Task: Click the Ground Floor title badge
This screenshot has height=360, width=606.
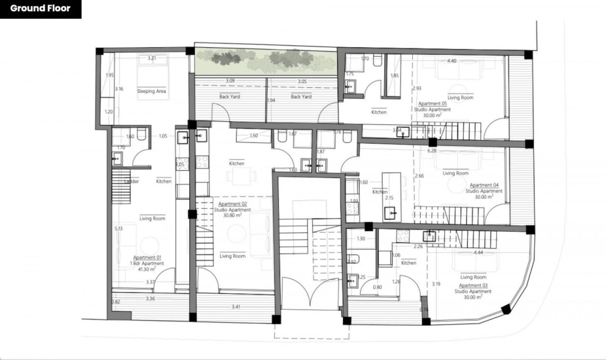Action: (40, 9)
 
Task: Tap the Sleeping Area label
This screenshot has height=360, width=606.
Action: (151, 91)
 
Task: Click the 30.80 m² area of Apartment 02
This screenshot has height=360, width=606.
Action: (232, 215)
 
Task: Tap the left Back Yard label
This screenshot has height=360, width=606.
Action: (230, 97)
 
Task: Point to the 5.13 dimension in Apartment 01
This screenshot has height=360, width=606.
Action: (118, 228)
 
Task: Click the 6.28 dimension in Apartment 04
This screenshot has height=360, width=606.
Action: (431, 151)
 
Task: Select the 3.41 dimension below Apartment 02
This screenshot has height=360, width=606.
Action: (236, 307)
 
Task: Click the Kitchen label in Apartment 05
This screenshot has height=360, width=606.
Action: (379, 113)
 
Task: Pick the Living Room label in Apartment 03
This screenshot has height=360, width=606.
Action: (473, 277)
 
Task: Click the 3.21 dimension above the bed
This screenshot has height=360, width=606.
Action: (151, 58)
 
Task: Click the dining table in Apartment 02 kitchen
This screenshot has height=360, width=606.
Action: (235, 176)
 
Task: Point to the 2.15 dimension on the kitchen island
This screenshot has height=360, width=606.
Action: (390, 198)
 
